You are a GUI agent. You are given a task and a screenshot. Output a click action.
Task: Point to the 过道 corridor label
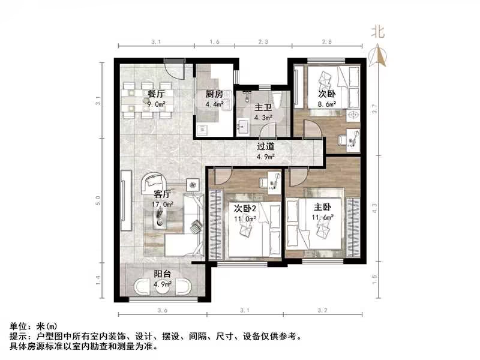(x=266, y=146)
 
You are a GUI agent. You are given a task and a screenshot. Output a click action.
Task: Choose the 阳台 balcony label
(x=161, y=274)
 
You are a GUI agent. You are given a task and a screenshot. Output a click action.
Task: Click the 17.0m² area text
(x=163, y=204)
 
